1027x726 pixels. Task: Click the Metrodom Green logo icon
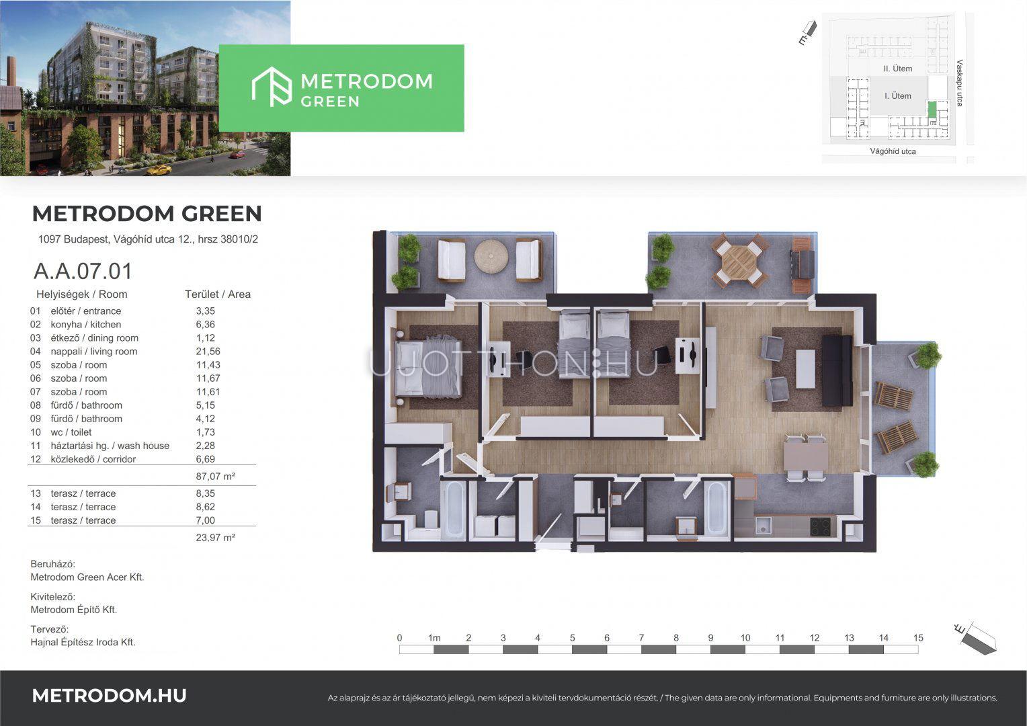[x=272, y=87]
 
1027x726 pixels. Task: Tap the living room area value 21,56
[x=208, y=352]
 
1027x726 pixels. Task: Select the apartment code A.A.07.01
[x=83, y=271]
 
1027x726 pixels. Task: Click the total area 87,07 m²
[x=216, y=476]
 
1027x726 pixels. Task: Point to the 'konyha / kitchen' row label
[x=86, y=324]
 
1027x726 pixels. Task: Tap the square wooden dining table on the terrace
[x=739, y=261]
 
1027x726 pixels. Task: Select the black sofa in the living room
[x=837, y=370]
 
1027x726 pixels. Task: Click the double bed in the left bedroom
[x=429, y=368]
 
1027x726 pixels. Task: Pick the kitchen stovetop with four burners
[x=822, y=527]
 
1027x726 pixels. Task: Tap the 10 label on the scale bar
[x=745, y=638]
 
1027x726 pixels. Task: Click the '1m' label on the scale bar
[x=434, y=638]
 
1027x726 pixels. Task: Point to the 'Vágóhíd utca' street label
[x=893, y=151]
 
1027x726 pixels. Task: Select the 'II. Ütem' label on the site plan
[x=898, y=69]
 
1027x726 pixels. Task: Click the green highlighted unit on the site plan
[x=932, y=110]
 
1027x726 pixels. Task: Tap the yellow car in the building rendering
[x=159, y=170]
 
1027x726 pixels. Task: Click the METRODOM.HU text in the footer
[x=109, y=696]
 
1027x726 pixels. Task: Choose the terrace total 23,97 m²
[x=216, y=538]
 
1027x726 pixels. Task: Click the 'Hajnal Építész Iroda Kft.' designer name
[x=83, y=642]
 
